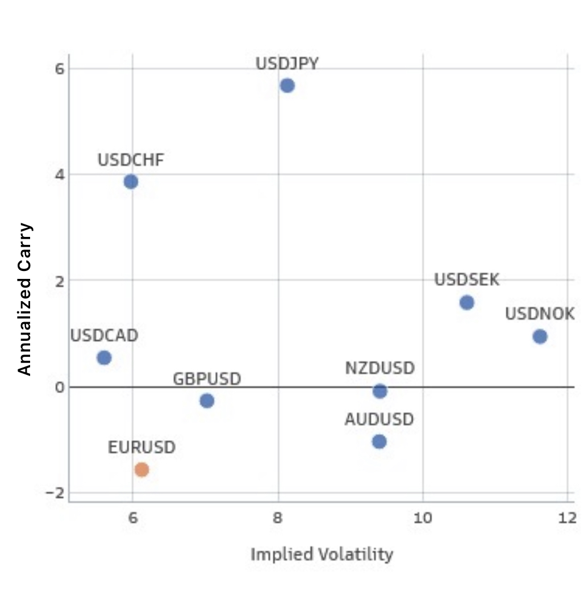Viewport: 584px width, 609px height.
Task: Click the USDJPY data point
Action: coord(287,86)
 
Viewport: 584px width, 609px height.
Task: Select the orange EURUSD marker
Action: coord(142,470)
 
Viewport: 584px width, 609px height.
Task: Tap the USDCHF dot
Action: coord(131,182)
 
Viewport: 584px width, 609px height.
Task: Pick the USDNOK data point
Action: coord(540,336)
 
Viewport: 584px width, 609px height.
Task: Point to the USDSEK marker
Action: coord(467,302)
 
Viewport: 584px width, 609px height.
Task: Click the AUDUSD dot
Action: coord(379,441)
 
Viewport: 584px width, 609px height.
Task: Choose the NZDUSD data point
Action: coord(380,391)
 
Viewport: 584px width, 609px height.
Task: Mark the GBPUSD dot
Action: coord(207,401)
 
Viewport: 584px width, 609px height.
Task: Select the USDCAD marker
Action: coord(104,357)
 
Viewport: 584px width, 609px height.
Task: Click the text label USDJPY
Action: coord(287,64)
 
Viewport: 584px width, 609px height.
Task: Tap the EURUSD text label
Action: coord(142,448)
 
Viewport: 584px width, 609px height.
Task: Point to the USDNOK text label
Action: coord(540,314)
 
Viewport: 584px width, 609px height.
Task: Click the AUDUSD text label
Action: coord(379,420)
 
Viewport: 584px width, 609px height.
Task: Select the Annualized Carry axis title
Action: coord(24,299)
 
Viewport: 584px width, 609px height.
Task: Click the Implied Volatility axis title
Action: coord(322,554)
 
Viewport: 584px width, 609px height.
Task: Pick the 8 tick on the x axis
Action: coord(278,518)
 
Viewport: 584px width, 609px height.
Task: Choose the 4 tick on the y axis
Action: coord(59,174)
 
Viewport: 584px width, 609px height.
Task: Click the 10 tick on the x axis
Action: coord(423,518)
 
